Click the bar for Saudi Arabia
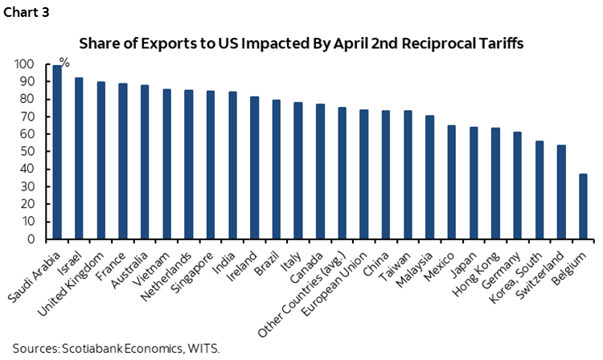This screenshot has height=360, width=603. [x=57, y=153]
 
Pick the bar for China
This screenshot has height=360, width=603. [x=385, y=174]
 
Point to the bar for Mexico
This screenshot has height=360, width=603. [x=451, y=182]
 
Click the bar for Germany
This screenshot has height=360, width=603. [x=516, y=186]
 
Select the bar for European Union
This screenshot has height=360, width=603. [x=363, y=174]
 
